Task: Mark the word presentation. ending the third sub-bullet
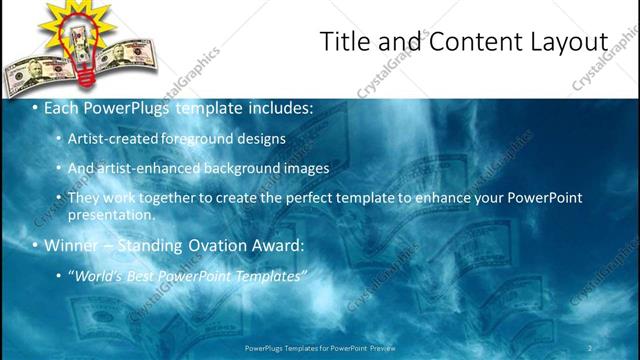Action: click(x=111, y=214)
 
